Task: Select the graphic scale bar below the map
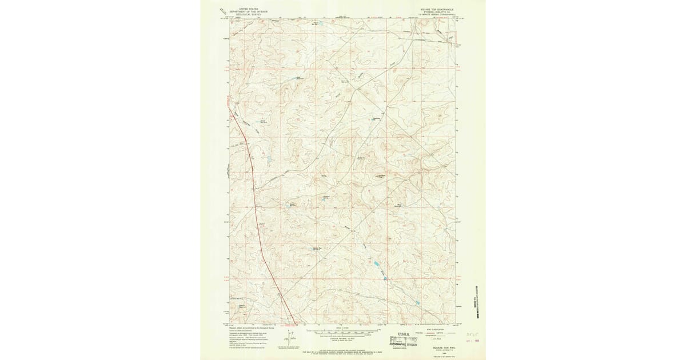tap(343, 331)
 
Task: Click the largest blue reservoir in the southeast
tap(377, 263)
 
